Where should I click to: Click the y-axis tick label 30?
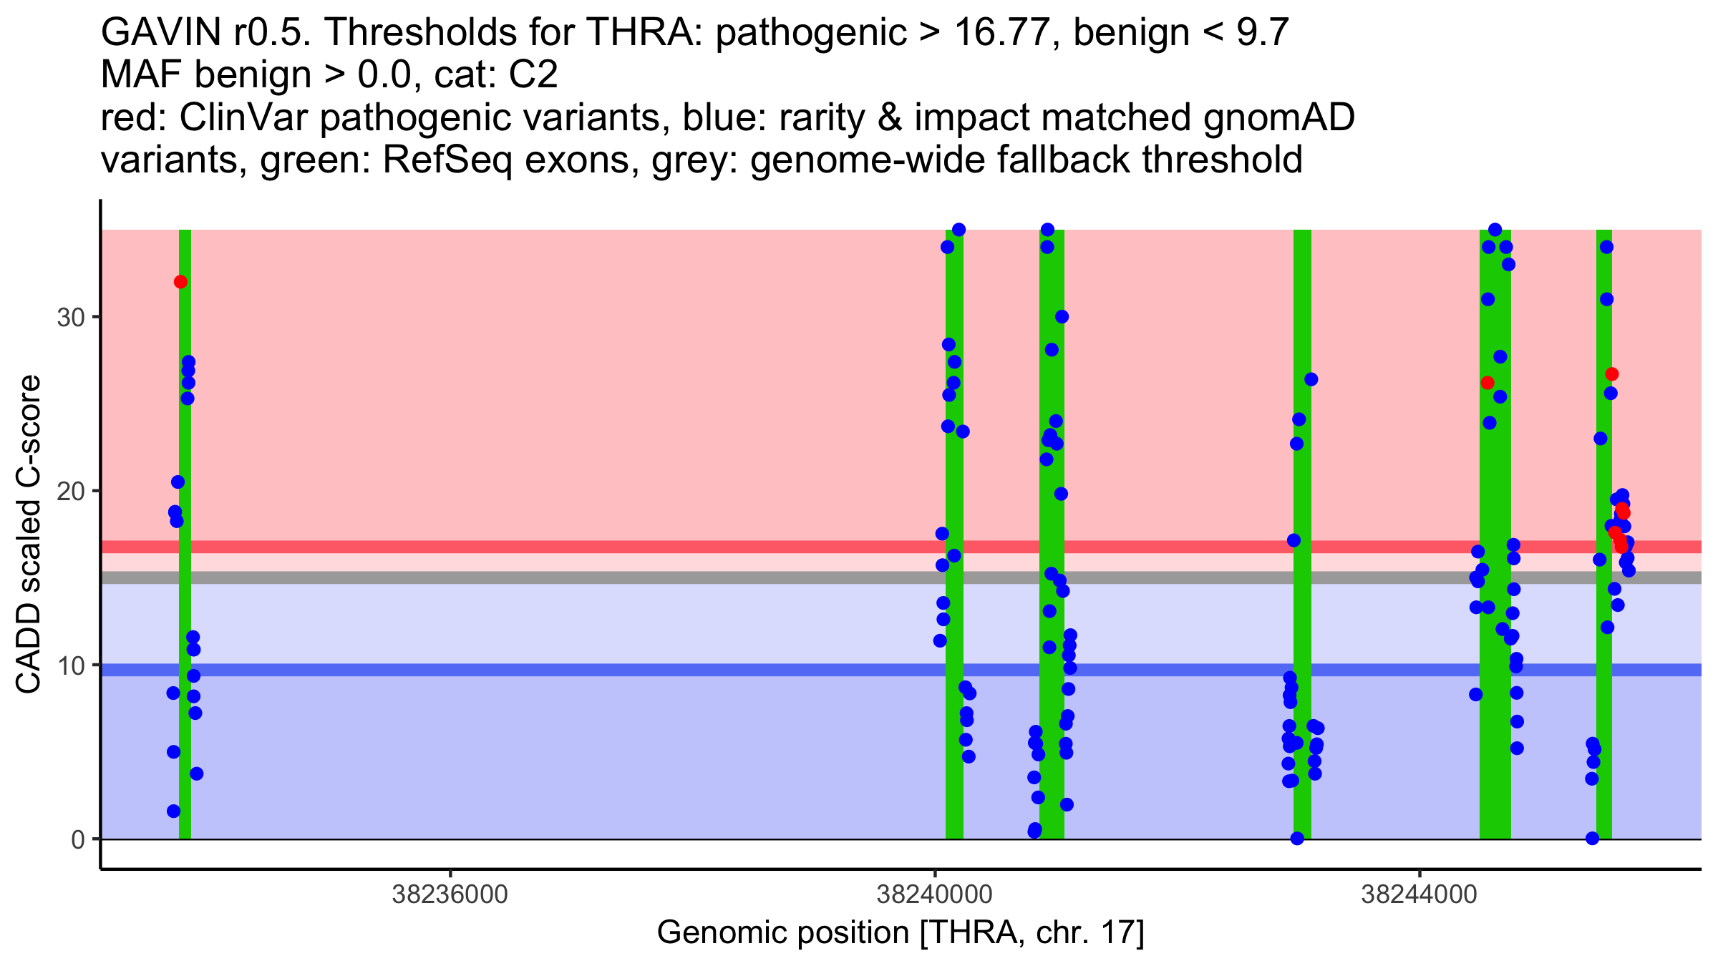pyautogui.click(x=70, y=318)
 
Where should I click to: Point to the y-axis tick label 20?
pyautogui.click(x=70, y=492)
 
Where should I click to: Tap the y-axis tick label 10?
pyautogui.click(x=70, y=665)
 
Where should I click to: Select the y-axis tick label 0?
pyautogui.click(x=77, y=839)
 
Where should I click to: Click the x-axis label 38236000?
pyautogui.click(x=450, y=894)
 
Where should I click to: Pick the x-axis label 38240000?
pyautogui.click(x=935, y=894)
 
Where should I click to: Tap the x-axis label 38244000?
pyautogui.click(x=1419, y=894)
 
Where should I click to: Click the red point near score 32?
pyautogui.click(x=180, y=282)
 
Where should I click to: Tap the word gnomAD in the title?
pyautogui.click(x=1278, y=117)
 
